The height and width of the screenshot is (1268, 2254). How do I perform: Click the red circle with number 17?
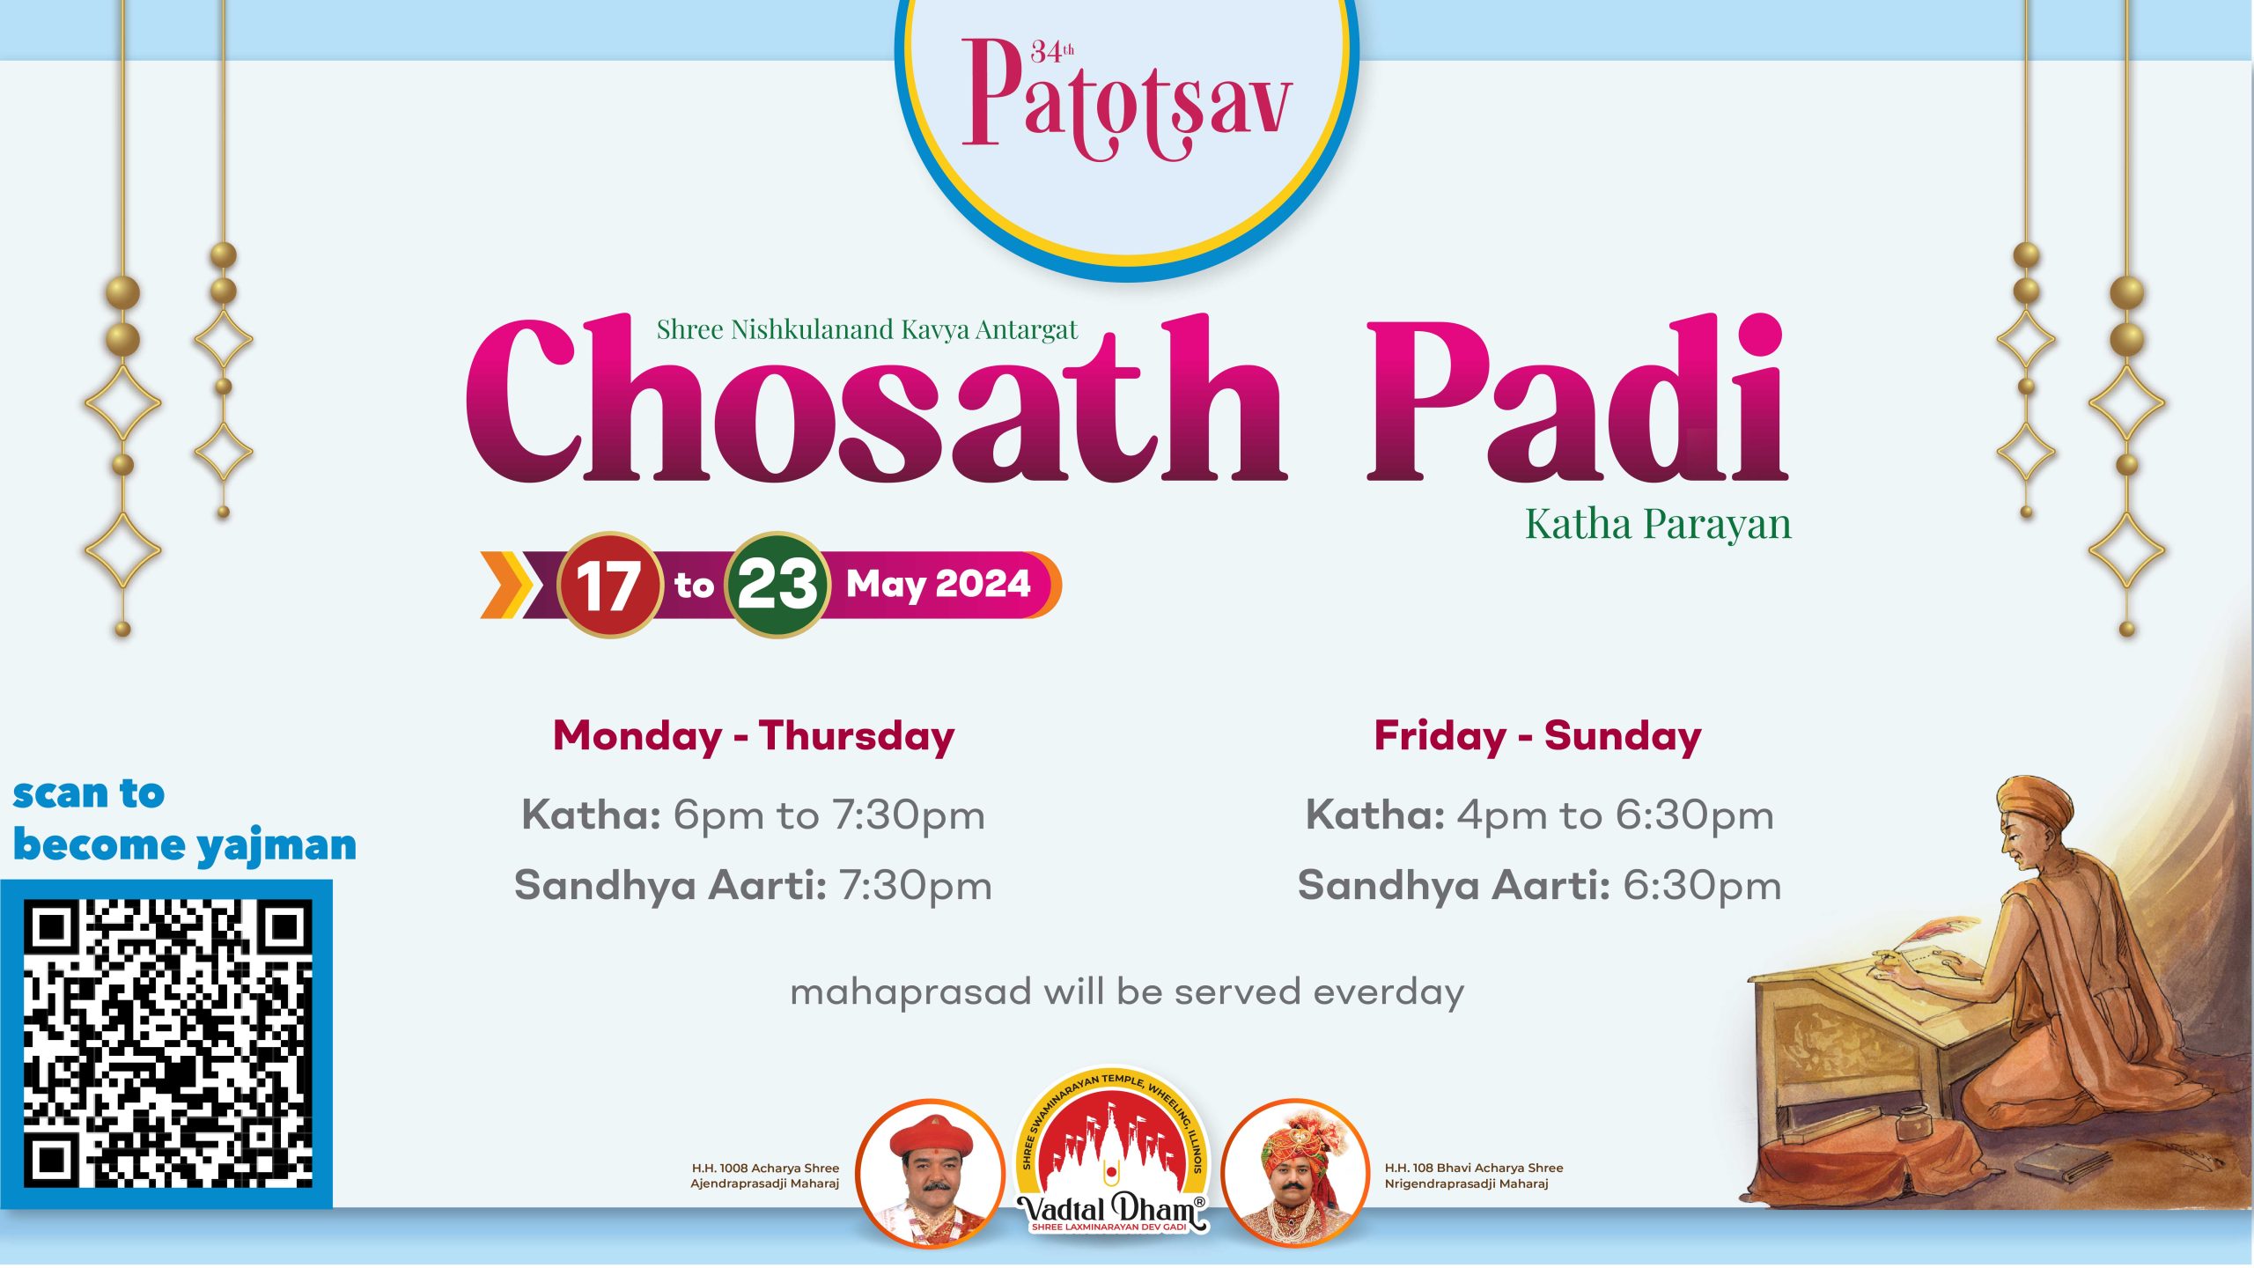point(608,585)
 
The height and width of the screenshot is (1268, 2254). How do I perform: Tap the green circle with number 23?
point(777,585)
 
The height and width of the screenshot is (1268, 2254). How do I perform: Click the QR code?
point(167,1043)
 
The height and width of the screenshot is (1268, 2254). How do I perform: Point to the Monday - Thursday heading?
point(754,736)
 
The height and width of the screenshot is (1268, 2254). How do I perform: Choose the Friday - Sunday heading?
point(1538,736)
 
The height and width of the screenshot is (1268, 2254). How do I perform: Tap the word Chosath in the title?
point(875,401)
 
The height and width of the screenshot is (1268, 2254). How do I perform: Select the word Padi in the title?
point(1577,401)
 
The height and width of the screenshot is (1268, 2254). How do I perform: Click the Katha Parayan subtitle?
point(1658,524)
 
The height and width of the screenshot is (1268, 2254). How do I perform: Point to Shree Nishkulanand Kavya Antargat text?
point(866,329)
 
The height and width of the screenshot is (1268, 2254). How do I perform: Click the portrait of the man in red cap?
point(930,1174)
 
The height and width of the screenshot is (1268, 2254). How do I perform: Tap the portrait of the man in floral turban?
point(1295,1174)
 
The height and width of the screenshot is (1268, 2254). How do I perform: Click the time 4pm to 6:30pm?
point(1616,815)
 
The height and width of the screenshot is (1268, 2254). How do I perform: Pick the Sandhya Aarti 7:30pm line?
point(753,886)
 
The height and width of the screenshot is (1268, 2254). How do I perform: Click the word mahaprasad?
point(910,993)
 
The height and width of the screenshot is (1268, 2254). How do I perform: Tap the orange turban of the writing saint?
point(2036,800)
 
